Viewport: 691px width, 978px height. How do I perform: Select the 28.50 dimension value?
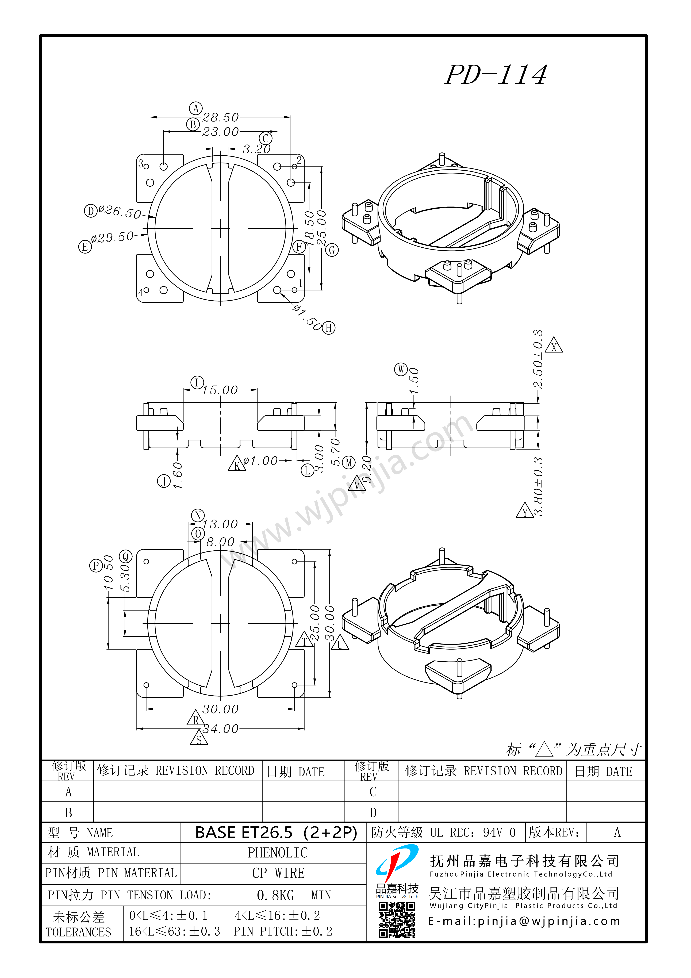tap(220, 117)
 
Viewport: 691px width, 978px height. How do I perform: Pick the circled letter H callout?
tap(328, 328)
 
